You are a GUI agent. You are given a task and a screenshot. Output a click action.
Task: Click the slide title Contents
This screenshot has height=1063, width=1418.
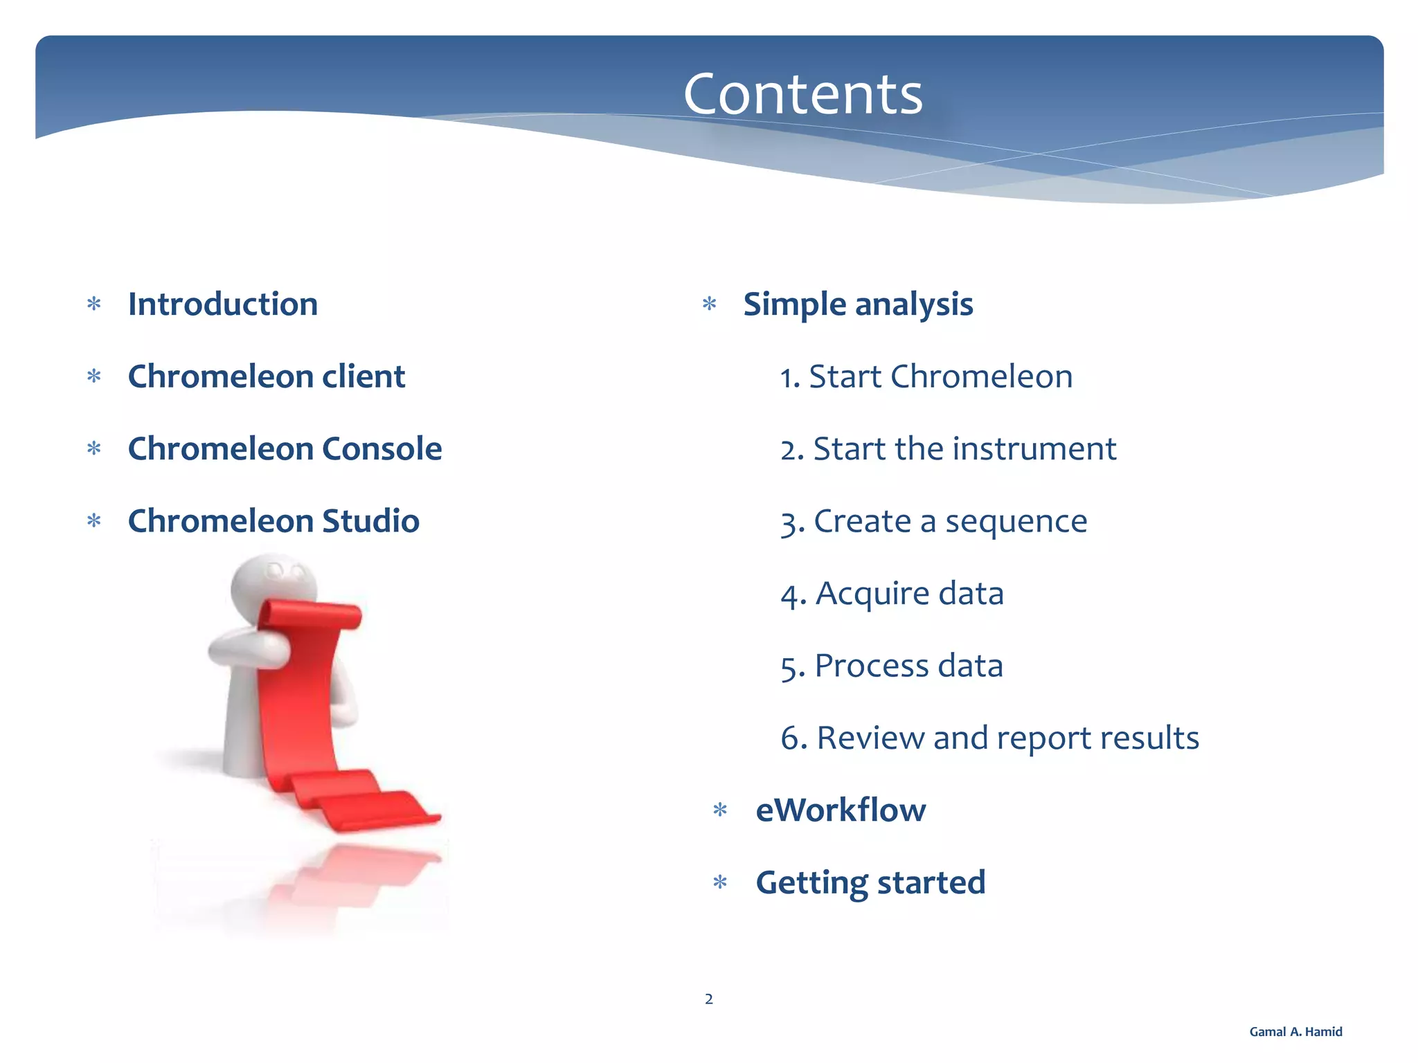802,95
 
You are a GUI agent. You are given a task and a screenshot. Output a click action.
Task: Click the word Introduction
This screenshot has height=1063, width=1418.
223,305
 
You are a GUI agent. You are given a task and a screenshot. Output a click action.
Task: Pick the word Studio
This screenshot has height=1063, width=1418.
370,521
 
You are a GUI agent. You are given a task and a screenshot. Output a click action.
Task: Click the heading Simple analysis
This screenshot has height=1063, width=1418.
858,305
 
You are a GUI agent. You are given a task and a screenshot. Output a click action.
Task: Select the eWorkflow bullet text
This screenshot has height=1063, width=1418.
841,810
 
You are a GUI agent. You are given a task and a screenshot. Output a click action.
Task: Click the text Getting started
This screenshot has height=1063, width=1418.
870,882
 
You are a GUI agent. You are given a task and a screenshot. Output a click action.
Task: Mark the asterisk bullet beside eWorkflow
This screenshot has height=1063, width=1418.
720,810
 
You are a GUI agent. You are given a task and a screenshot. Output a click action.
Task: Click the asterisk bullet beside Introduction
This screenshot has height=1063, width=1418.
94,305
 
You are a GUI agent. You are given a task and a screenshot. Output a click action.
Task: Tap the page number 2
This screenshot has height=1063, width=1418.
708,999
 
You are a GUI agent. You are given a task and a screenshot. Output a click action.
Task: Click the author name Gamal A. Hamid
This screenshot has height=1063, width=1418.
1295,1032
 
